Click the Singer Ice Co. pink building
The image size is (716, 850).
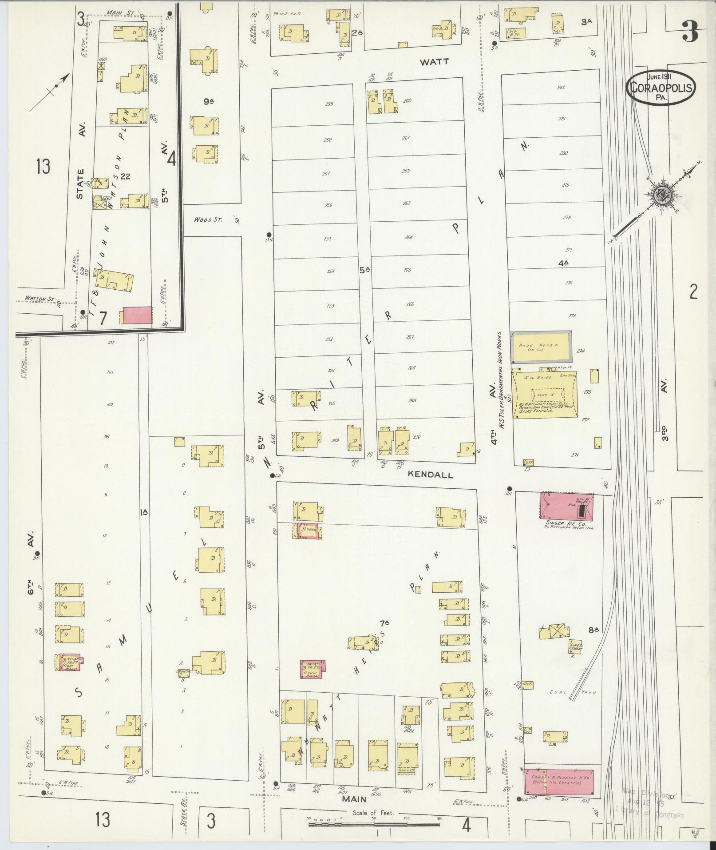click(566, 506)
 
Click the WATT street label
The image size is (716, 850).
click(435, 62)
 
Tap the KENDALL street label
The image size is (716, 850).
click(430, 475)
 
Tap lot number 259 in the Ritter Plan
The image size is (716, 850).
click(329, 104)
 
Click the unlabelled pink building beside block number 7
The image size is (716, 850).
click(137, 315)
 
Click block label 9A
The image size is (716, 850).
click(209, 102)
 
